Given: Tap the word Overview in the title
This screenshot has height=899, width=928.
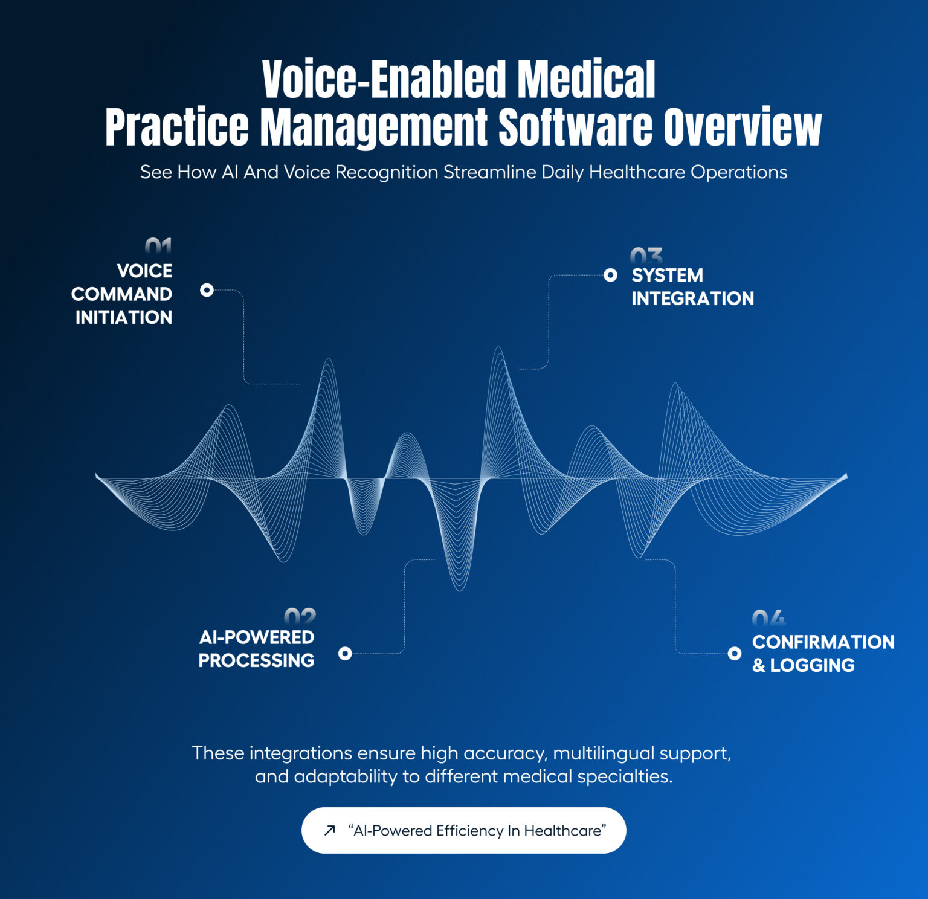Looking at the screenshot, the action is [743, 127].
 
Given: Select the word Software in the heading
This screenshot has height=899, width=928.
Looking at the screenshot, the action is [576, 127].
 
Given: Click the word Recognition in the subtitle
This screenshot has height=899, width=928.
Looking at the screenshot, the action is [387, 172].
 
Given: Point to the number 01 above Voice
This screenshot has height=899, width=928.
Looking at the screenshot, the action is [158, 246].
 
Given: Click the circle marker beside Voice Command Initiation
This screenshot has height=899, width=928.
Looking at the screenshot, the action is [207, 290].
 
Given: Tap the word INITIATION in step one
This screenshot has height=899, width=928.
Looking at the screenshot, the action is [124, 317].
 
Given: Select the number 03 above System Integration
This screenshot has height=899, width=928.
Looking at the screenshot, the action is [646, 255].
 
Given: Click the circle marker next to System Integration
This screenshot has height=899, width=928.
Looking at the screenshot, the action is [611, 275].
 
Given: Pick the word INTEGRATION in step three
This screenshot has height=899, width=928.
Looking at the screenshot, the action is [692, 298].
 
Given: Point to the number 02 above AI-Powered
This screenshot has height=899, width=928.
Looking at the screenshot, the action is [300, 616].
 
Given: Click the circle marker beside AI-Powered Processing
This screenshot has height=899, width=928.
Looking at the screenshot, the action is [345, 653].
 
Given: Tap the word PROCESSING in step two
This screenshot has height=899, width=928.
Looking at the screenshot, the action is [256, 660].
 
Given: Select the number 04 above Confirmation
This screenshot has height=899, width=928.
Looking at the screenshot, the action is [768, 618].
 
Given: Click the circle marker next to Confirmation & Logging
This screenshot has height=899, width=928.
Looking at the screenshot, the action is [735, 653].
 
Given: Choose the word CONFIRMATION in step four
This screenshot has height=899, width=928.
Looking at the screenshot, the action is [823, 642].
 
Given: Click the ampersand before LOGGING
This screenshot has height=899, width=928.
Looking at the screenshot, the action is [759, 665].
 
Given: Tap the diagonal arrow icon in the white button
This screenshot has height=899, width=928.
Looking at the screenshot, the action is [329, 830].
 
